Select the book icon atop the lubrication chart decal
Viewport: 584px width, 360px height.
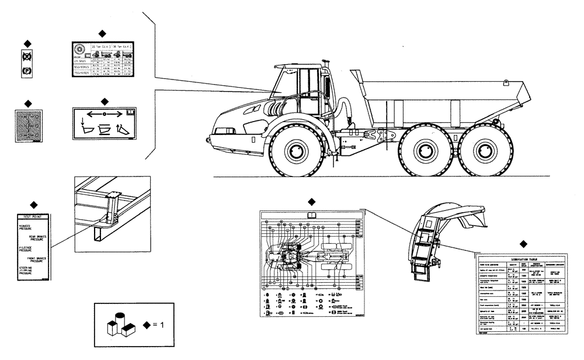[x=311, y=214]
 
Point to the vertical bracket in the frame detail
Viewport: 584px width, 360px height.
[x=111, y=211]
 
